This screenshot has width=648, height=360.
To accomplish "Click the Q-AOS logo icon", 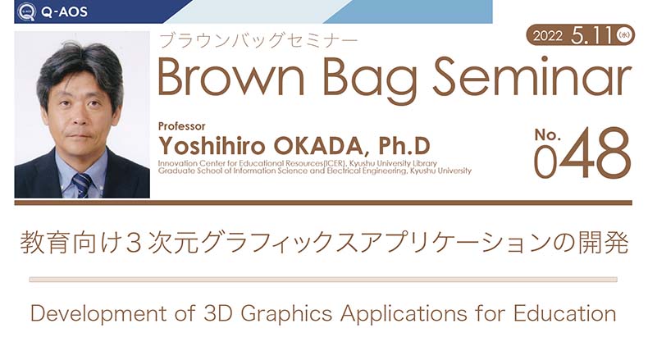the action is (x=27, y=11).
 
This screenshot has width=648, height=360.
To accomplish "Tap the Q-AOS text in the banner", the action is (x=65, y=11).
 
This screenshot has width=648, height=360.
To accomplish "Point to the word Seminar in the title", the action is (x=532, y=76).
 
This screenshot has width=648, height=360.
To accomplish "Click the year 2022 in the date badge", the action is (x=548, y=36).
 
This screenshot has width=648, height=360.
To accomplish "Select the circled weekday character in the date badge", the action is (x=623, y=35).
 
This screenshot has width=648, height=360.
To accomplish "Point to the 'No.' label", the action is (x=548, y=134).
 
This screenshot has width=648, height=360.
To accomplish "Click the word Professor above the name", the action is (x=181, y=126).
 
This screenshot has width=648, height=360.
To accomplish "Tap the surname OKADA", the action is (x=318, y=146).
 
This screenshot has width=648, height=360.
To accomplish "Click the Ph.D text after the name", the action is (x=404, y=145).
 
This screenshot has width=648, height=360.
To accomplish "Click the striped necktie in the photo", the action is (x=82, y=185).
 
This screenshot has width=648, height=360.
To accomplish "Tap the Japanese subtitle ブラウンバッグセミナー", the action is (x=258, y=40).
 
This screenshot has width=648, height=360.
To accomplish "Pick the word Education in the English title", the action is (x=564, y=313).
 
